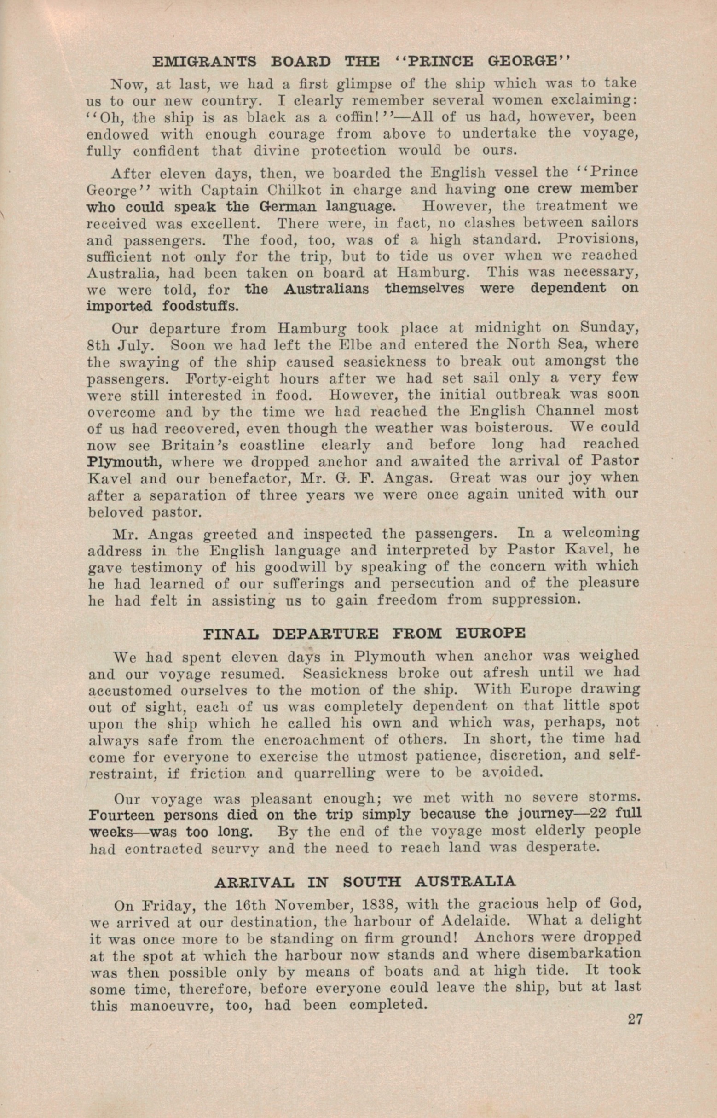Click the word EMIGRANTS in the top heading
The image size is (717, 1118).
[204, 62]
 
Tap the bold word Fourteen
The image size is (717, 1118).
[121, 815]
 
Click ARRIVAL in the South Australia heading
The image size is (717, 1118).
[254, 881]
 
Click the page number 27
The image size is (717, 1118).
[635, 1019]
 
